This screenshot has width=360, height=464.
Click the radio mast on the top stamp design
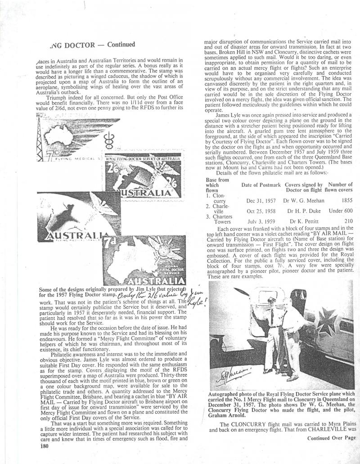(42, 135)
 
